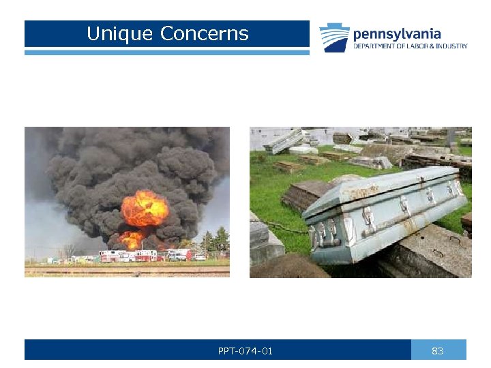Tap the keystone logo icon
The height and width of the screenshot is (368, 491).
pyautogui.click(x=334, y=37)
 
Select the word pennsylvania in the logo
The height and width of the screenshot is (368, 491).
pyautogui.click(x=396, y=33)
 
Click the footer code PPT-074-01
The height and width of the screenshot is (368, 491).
pyautogui.click(x=245, y=351)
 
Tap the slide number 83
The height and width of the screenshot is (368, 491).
pyautogui.click(x=438, y=351)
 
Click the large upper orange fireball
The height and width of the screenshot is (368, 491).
pyautogui.click(x=145, y=208)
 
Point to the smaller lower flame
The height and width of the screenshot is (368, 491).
pyautogui.click(x=132, y=239)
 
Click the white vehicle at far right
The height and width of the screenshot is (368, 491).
pyautogui.click(x=199, y=257)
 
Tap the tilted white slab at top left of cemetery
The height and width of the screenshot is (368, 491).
pyautogui.click(x=283, y=141)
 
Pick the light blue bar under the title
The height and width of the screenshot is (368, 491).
pyautogui.click(x=166, y=52)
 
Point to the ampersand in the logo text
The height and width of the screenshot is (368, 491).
pyautogui.click(x=432, y=46)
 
